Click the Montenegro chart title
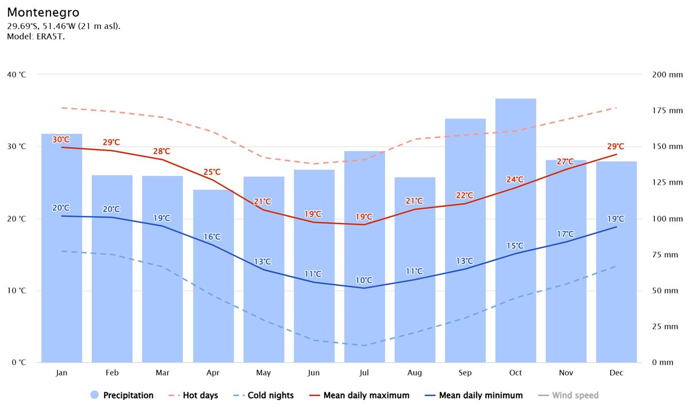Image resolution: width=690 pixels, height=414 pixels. point(43,12)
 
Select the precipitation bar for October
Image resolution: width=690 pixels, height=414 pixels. point(515,230)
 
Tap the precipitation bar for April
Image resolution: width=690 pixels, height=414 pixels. point(213,276)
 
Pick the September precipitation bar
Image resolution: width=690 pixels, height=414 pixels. point(465,241)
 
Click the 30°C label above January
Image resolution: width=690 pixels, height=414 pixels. point(61,140)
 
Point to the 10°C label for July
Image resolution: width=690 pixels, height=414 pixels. point(364,281)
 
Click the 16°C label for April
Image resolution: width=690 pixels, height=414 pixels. point(212,237)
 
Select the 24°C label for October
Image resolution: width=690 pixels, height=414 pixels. point(515,179)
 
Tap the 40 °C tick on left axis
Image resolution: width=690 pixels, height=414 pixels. point(16,75)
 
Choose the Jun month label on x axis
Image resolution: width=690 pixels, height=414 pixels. point(313,373)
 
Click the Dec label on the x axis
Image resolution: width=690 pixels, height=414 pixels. point(616,373)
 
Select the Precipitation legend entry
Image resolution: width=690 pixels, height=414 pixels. point(122,396)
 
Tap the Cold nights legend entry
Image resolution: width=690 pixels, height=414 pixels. point(265,396)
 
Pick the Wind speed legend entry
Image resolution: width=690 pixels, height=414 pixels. point(569,396)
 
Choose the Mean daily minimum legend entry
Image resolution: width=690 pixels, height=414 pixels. point(474,396)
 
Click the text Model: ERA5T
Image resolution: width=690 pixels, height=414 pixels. point(36,37)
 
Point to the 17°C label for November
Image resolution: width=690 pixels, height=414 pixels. point(566,234)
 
